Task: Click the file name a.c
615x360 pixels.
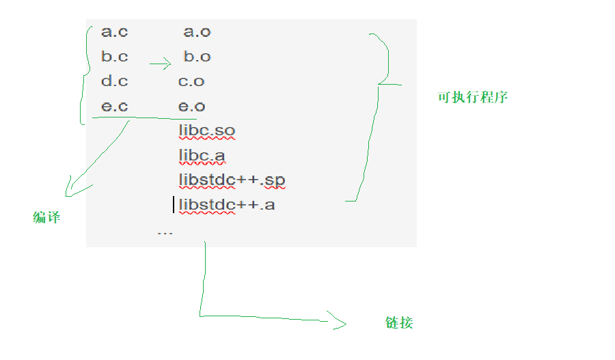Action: (x=114, y=31)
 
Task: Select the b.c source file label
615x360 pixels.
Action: (x=114, y=57)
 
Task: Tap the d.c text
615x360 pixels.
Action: (x=114, y=81)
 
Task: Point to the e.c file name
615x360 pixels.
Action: (x=114, y=107)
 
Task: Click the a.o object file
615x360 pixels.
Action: (x=197, y=31)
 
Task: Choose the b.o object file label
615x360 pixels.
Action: (x=197, y=57)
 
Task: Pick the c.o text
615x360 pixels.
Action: (x=191, y=81)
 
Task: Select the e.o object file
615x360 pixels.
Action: (x=191, y=107)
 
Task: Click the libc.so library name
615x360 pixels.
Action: (x=207, y=130)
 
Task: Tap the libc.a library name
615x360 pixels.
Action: (x=202, y=156)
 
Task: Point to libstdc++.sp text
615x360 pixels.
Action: (x=232, y=180)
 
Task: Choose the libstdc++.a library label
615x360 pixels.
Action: (x=227, y=204)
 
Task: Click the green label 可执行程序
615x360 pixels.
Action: (x=472, y=97)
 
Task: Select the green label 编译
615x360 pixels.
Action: (x=46, y=218)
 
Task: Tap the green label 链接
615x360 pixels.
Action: (x=399, y=322)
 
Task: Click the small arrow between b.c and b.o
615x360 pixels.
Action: (x=160, y=65)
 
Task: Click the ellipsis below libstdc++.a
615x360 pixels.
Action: (x=165, y=234)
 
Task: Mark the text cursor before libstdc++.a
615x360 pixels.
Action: (x=174, y=204)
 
